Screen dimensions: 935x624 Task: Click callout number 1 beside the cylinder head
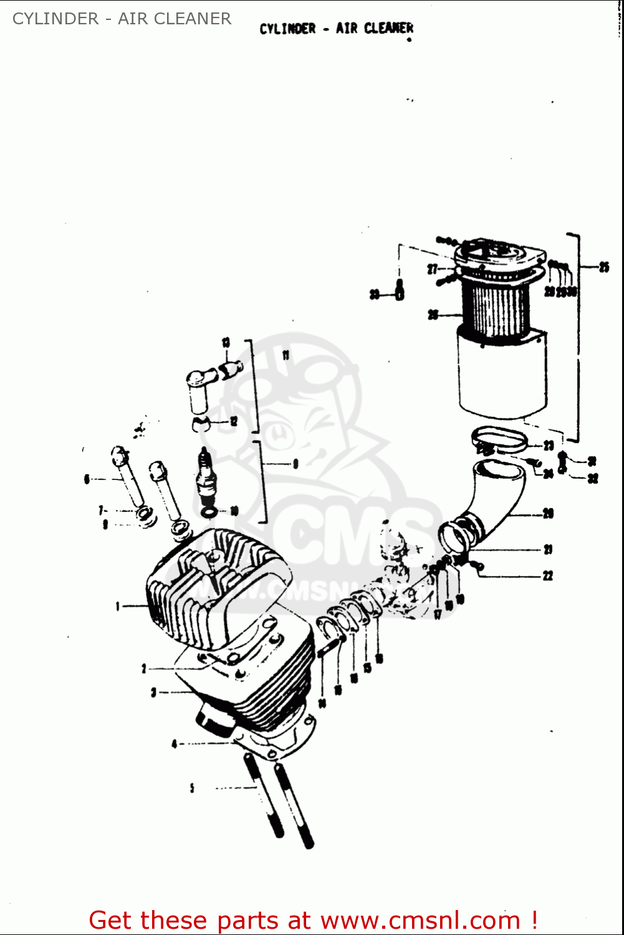point(117,606)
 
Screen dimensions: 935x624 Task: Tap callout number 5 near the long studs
point(192,788)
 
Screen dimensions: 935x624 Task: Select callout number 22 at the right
point(547,575)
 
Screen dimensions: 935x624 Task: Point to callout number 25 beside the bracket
point(604,267)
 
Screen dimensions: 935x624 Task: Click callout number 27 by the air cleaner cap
point(432,269)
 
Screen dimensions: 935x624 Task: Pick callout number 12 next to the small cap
point(234,421)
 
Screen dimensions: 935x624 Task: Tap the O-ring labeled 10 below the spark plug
point(210,512)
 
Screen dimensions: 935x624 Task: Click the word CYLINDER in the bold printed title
point(287,29)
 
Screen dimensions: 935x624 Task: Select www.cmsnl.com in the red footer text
point(420,920)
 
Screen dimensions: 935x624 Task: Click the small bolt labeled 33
point(400,292)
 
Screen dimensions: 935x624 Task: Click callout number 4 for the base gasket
point(175,744)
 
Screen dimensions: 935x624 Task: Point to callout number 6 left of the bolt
point(87,479)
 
